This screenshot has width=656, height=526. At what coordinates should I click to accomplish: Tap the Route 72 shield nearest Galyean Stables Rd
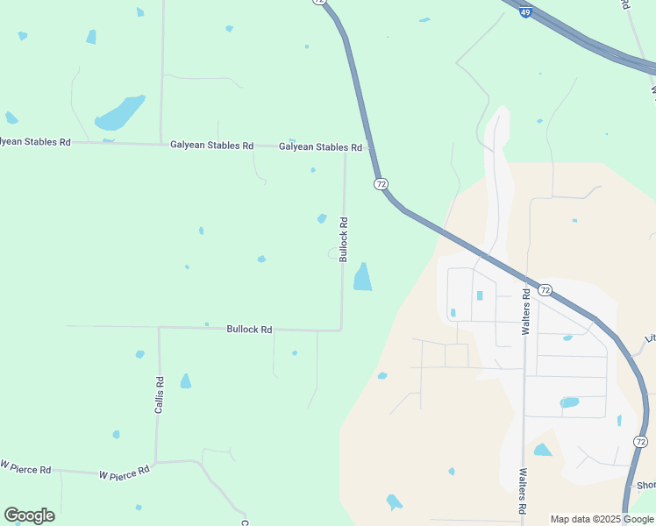(381, 184)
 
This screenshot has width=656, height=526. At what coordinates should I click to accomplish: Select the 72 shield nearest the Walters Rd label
(545, 290)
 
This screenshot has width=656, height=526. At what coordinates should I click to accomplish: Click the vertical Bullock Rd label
(344, 239)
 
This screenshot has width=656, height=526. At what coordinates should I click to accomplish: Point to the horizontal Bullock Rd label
(249, 330)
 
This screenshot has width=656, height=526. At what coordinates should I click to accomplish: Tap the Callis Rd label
(160, 394)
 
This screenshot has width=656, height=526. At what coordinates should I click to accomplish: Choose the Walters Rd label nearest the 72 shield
(526, 311)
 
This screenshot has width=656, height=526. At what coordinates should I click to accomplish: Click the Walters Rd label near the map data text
(523, 490)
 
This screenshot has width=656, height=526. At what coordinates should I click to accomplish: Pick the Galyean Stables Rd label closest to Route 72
(320, 147)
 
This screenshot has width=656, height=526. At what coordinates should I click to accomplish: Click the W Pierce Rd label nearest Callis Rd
(124, 473)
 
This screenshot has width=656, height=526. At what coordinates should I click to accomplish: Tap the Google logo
(29, 515)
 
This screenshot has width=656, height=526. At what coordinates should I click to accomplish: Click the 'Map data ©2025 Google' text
(602, 519)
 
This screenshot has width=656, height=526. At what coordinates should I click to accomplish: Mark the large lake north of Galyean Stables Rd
(119, 113)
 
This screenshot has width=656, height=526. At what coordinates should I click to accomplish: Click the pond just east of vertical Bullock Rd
(361, 277)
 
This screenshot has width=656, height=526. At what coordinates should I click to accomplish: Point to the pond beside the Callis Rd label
(185, 381)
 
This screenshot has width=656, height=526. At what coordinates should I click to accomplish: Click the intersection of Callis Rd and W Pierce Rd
(156, 462)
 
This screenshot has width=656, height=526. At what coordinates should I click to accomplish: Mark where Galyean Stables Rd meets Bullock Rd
(345, 147)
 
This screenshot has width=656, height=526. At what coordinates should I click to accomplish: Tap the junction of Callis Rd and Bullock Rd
(159, 328)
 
